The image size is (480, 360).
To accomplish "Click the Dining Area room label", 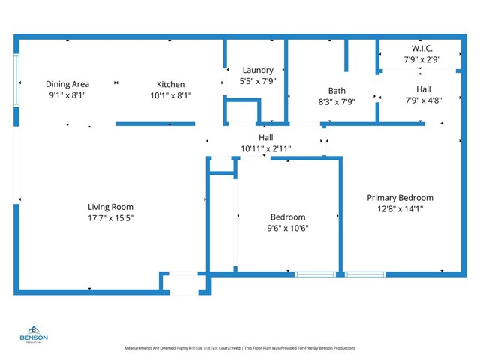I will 67,84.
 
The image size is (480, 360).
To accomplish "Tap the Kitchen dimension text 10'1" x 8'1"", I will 170,95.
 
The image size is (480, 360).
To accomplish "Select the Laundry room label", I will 257,70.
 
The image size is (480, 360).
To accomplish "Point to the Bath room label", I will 337,91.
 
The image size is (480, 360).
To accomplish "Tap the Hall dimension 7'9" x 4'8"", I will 424,100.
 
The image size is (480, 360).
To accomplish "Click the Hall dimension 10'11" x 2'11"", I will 265,148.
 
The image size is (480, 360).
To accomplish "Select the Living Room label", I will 110,207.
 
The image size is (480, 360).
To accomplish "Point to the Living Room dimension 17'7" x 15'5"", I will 110,218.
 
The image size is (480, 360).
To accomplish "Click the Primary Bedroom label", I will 400,198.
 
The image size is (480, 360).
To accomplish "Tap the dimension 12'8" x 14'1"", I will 400,209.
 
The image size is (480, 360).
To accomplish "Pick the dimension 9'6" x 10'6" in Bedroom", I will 288,229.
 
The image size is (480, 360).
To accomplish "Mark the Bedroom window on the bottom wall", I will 315,274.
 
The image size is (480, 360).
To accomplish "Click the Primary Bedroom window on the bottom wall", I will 365,274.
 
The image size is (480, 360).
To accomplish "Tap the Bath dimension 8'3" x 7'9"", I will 337,102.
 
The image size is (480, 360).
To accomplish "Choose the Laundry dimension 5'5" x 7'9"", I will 257,81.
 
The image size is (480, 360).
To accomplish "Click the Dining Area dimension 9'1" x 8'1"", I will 67,95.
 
